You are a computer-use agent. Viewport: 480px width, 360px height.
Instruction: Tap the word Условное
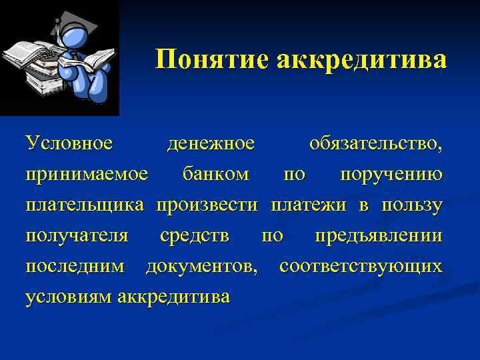tap(69, 143)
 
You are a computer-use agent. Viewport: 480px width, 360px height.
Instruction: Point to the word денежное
tap(211, 143)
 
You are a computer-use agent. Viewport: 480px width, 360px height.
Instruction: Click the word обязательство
tap(374, 143)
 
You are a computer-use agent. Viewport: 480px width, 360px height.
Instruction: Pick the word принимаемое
tap(86, 175)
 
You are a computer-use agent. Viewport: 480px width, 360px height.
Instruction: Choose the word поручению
tap(391, 175)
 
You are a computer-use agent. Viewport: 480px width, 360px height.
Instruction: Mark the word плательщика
tap(85, 205)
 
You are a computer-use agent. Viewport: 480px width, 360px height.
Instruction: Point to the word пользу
tap(412, 205)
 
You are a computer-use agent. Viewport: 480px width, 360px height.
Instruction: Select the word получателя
tap(77, 236)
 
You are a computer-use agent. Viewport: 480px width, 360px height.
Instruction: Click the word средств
tap(195, 236)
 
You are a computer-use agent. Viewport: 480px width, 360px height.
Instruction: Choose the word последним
tap(75, 267)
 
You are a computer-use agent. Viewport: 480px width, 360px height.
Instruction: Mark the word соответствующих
tap(361, 267)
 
